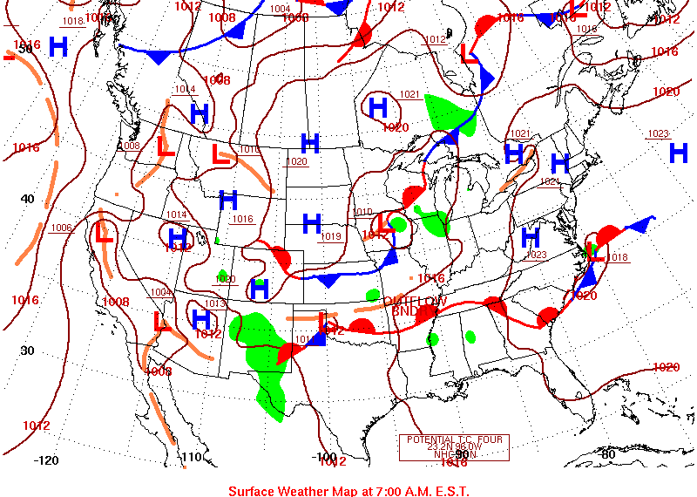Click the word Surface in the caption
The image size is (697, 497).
[254, 491]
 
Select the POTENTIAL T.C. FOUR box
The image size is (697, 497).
[453, 447]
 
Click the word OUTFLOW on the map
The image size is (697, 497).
[416, 301]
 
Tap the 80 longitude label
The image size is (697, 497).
[607, 453]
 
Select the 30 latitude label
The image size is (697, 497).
[27, 351]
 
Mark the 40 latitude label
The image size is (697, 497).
[27, 199]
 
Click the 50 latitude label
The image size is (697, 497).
[26, 49]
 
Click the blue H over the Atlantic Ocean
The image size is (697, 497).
[679, 153]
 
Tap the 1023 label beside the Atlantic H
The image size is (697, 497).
[658, 133]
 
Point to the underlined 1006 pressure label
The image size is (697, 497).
[60, 228]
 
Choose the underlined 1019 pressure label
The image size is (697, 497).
[331, 236]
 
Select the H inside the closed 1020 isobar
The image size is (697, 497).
[377, 107]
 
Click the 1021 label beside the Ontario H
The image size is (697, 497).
[409, 94]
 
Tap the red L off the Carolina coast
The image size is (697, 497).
[595, 253]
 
